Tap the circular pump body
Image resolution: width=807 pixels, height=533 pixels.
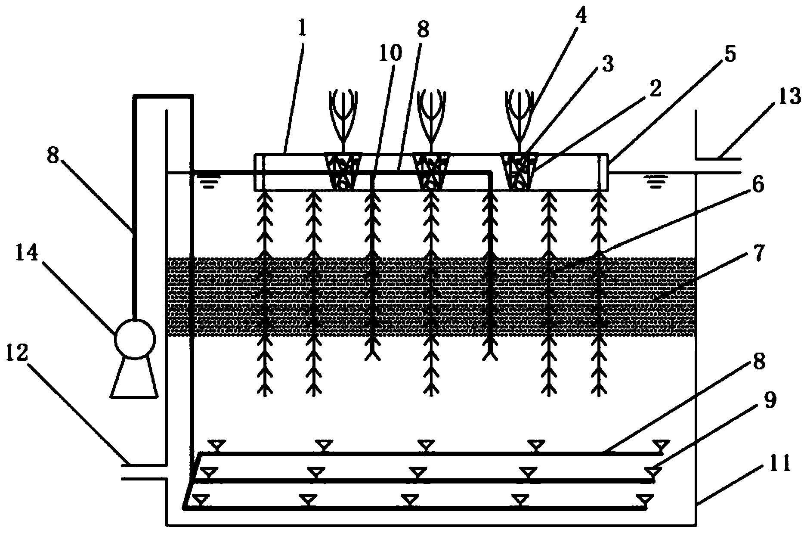pyautogui.click(x=134, y=339)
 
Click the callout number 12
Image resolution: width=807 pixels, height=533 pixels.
pyautogui.click(x=18, y=354)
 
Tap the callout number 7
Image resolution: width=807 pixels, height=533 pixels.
pyautogui.click(x=758, y=254)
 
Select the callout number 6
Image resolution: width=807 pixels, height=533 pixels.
pyautogui.click(x=758, y=186)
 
